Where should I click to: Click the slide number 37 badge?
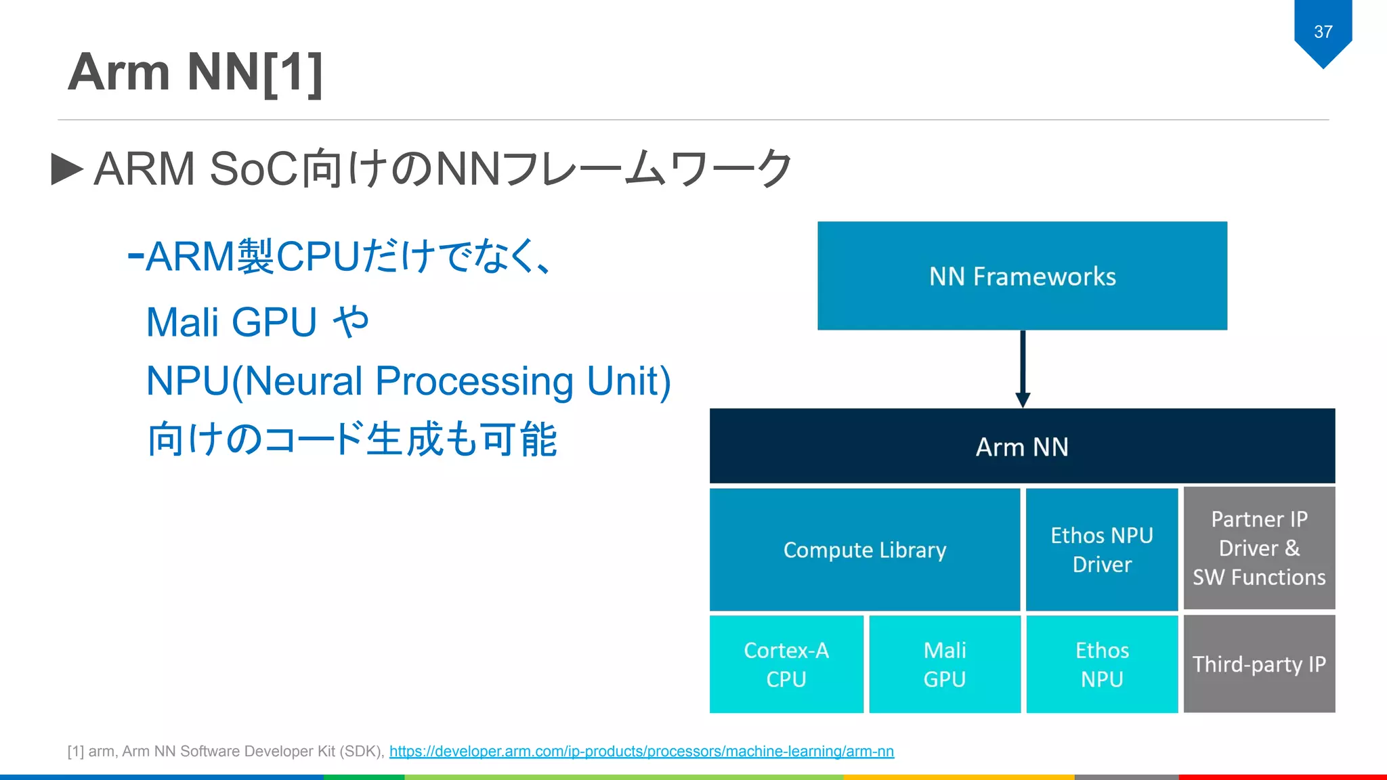(x=1323, y=32)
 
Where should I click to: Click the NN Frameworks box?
(x=1022, y=276)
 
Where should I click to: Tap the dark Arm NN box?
(x=1022, y=446)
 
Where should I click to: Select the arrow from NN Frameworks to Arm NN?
(x=1023, y=368)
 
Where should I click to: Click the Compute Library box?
(x=864, y=550)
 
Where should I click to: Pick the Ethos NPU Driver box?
(x=1102, y=550)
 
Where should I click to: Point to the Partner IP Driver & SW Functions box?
(x=1259, y=548)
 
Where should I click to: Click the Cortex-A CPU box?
(x=786, y=664)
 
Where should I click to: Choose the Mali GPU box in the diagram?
(x=945, y=664)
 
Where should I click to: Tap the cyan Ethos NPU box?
(x=1102, y=664)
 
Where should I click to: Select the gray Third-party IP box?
(x=1259, y=664)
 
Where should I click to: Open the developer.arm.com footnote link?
(x=641, y=752)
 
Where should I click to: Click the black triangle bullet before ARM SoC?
(x=67, y=169)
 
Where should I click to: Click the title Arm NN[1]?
(x=195, y=72)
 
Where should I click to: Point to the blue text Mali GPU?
(x=232, y=322)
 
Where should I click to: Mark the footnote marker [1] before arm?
(x=75, y=752)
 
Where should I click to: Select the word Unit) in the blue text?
(x=628, y=381)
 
